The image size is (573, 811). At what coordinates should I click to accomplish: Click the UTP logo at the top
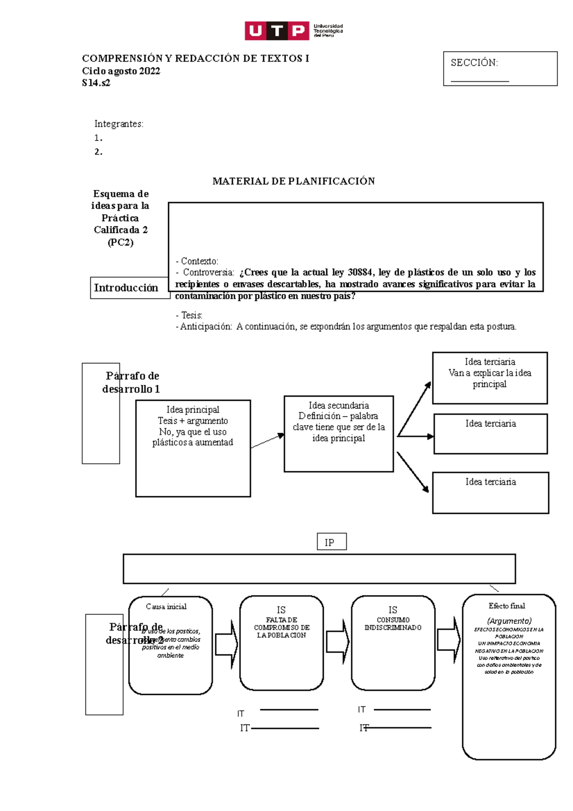click(x=293, y=31)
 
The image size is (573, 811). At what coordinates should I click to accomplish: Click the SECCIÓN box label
click(x=474, y=63)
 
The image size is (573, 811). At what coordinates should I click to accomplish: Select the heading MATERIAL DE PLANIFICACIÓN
click(x=293, y=181)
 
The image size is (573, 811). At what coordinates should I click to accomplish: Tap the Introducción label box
click(x=127, y=288)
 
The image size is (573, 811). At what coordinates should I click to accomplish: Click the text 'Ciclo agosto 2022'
click(x=121, y=71)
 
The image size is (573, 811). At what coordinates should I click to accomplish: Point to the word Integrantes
click(x=118, y=124)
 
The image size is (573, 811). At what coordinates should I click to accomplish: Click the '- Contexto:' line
click(x=197, y=261)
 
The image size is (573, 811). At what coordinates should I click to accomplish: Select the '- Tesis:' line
click(x=189, y=315)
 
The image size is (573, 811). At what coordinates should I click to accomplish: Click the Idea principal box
click(x=193, y=448)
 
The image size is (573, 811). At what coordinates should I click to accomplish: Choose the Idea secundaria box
click(x=339, y=434)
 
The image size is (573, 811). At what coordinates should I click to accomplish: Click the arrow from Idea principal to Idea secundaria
click(x=267, y=441)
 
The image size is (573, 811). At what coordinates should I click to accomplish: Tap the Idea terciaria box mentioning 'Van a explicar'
click(x=489, y=377)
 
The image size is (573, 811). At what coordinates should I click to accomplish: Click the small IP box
click(x=331, y=542)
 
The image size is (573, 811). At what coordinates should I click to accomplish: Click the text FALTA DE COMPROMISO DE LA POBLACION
click(x=282, y=627)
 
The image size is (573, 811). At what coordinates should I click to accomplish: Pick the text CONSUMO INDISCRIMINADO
click(x=393, y=623)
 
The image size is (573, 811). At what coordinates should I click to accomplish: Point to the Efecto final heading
click(x=507, y=606)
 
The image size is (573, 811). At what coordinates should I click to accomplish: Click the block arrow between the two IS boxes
click(x=337, y=642)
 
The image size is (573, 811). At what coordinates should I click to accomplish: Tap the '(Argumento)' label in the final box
click(x=509, y=620)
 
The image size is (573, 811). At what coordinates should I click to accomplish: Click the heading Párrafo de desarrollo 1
click(x=131, y=382)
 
